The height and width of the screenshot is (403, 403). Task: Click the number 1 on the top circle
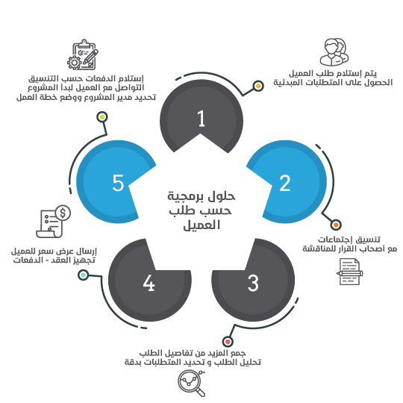tap(201, 119)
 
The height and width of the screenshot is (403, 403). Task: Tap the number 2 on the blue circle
tap(285, 183)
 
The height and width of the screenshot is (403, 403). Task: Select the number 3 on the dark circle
tap(253, 283)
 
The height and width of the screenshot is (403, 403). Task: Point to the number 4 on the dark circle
tap(149, 283)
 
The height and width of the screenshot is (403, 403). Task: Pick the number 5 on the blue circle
tap(118, 183)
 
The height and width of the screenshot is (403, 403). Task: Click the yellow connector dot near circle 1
tap(258, 86)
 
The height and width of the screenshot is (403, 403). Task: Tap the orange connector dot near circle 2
tap(336, 225)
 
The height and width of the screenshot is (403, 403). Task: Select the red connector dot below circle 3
tap(228, 342)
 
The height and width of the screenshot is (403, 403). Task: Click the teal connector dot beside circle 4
tap(83, 275)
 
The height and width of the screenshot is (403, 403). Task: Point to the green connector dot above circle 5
tap(102, 117)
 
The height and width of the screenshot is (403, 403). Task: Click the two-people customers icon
tap(334, 52)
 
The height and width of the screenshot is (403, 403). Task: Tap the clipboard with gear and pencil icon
tap(83, 54)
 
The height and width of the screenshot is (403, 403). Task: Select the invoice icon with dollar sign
tap(53, 222)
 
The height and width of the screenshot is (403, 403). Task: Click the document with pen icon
tap(349, 272)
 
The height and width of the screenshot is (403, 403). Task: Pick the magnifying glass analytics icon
tap(192, 383)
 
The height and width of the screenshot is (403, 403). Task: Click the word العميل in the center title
tap(201, 225)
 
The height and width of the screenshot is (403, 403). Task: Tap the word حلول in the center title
tap(221, 196)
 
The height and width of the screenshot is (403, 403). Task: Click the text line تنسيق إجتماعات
tap(349, 240)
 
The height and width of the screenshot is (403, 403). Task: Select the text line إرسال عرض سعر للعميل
tap(54, 251)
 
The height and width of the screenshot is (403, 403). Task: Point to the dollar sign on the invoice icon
tap(63, 213)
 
